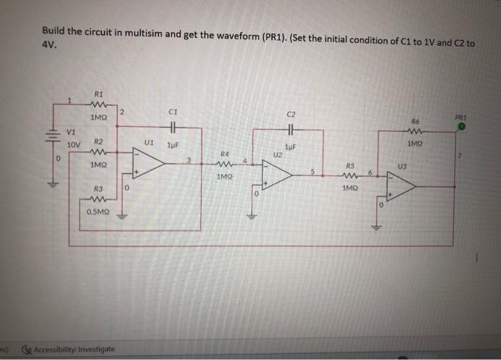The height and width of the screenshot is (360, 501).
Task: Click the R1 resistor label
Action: [x=99, y=93]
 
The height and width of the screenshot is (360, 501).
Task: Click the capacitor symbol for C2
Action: [x=291, y=132]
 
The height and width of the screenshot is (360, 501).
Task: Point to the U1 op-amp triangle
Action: [x=147, y=164]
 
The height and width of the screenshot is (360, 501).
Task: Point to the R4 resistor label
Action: [x=224, y=153]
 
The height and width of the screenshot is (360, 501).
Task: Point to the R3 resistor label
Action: [x=99, y=188]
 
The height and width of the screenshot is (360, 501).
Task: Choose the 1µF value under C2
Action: [x=289, y=146]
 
